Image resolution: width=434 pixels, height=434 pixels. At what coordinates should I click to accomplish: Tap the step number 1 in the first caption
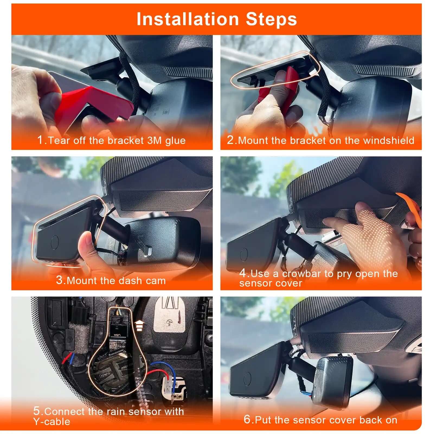[40, 140]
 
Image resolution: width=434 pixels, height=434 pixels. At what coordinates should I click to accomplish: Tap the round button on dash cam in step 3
[55, 242]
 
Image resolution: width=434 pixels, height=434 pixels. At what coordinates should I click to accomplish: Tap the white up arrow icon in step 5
[139, 325]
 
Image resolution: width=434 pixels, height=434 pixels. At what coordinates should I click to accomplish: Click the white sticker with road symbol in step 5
[169, 314]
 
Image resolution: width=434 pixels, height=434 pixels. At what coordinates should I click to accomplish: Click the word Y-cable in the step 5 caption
[52, 422]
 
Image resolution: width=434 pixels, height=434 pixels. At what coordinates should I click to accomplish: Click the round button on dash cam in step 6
[247, 379]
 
